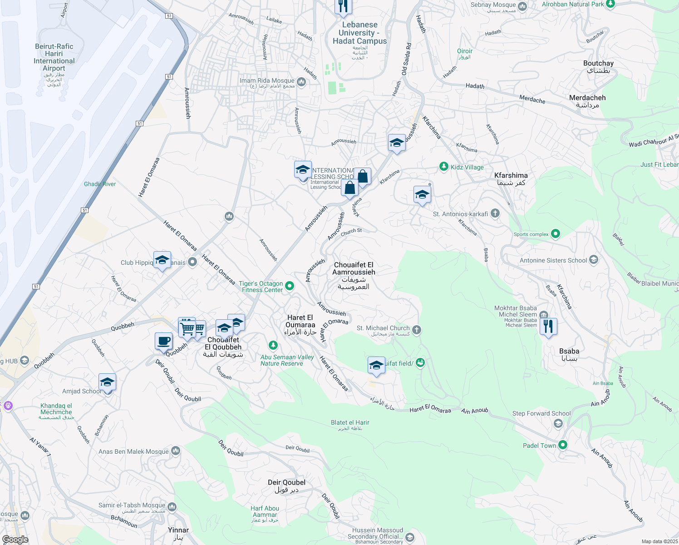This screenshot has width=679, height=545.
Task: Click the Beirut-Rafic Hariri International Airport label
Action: click(x=54, y=57)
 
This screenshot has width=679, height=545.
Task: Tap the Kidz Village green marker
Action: click(x=444, y=167)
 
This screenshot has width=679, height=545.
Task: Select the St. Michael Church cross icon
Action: click(x=417, y=330)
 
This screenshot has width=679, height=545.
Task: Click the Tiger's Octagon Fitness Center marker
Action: click(x=290, y=286)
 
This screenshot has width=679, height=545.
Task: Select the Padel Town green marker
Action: click(x=563, y=445)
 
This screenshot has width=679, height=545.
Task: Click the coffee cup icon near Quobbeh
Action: click(x=163, y=341)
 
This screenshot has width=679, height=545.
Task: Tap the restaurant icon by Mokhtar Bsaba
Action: click(x=548, y=326)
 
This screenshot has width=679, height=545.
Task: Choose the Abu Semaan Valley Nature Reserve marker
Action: click(x=273, y=346)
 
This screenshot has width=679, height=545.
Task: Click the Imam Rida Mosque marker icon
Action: click(x=301, y=82)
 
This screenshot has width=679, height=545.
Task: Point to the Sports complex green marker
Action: click(x=556, y=234)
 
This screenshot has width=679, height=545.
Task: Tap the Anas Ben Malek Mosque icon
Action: click(x=176, y=451)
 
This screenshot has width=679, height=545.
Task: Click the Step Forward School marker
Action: click(x=558, y=423)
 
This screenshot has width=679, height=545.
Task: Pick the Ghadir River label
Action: click(x=100, y=184)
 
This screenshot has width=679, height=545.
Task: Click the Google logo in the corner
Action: click(x=15, y=540)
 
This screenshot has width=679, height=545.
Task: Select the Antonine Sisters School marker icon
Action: click(x=594, y=260)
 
